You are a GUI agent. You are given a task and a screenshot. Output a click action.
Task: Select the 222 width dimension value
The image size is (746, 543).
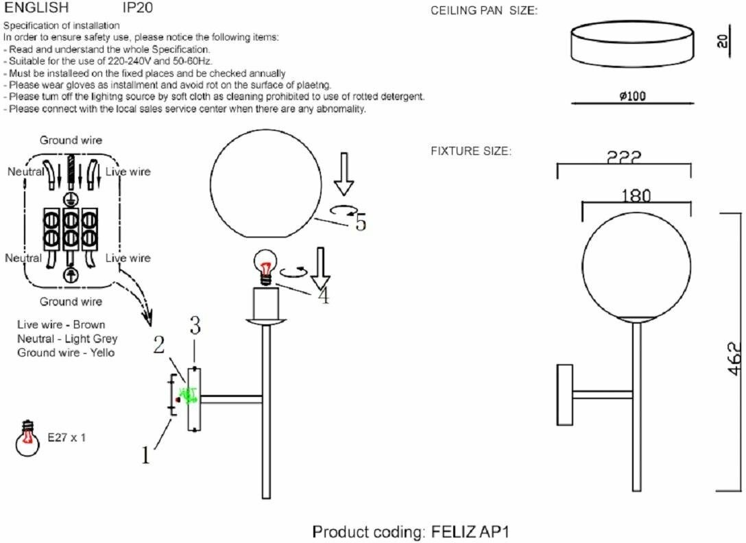(x=624, y=157)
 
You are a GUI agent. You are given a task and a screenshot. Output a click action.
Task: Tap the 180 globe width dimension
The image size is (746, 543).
(x=636, y=196)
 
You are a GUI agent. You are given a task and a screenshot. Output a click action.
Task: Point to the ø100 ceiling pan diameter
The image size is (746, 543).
(x=631, y=96)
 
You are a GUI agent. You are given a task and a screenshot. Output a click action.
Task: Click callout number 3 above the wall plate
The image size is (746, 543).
(x=195, y=326)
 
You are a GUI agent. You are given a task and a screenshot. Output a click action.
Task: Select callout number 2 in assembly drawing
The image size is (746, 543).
(x=159, y=345)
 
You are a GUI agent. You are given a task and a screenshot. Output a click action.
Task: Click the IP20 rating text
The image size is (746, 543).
(x=137, y=8)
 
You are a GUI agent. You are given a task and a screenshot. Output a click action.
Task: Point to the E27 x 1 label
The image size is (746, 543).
(x=67, y=437)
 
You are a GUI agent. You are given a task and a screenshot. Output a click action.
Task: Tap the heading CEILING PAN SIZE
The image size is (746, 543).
(x=483, y=12)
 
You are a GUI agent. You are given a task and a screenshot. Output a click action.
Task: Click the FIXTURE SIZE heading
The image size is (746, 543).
(x=470, y=151)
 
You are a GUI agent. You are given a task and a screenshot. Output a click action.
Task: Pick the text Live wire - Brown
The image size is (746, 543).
(x=62, y=324)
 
